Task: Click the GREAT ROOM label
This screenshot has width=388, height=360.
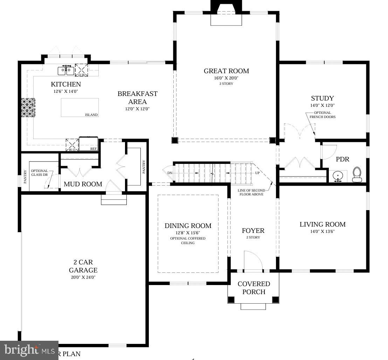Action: point(227,71)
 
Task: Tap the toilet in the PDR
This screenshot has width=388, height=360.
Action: point(357,175)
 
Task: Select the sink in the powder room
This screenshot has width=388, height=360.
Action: point(338,176)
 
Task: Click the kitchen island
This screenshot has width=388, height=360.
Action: point(80,108)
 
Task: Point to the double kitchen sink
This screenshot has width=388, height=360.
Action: point(66,70)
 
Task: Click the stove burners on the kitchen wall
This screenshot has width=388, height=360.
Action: point(28,108)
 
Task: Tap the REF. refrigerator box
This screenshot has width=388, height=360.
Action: point(88,144)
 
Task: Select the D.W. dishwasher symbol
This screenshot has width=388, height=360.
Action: point(82,70)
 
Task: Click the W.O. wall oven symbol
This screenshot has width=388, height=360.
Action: point(72,145)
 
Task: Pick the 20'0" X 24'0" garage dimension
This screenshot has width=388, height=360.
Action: point(83,277)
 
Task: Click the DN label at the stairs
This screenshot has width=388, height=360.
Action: point(170,173)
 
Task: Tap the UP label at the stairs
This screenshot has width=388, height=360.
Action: point(257,173)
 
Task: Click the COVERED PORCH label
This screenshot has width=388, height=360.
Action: point(254,288)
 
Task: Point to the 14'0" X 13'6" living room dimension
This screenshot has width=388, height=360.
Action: point(323,231)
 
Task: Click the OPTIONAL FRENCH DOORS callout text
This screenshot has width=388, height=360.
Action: point(323,115)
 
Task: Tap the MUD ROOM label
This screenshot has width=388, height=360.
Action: point(83,184)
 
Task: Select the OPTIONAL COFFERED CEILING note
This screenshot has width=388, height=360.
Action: point(188,241)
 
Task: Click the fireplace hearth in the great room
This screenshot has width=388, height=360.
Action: point(226,20)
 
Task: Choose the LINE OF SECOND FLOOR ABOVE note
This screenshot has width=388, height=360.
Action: point(251,192)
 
